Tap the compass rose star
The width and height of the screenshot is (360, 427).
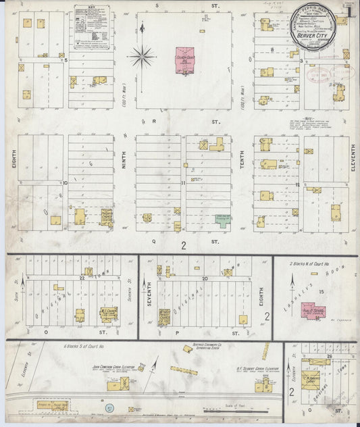pyautogui.click(x=142, y=56)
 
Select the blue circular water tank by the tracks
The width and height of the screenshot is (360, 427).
pyautogui.click(x=109, y=407)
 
